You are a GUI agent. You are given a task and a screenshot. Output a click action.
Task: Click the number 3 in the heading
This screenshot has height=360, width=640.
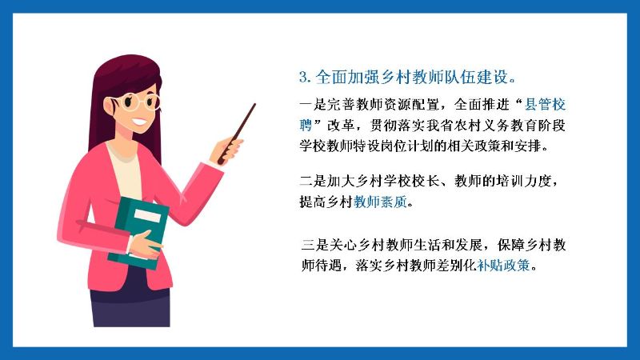point(303,77)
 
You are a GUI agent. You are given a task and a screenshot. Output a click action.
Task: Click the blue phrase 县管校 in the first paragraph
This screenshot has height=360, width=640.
point(545,105)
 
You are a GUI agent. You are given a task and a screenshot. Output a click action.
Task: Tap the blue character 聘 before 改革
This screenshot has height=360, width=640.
point(306,125)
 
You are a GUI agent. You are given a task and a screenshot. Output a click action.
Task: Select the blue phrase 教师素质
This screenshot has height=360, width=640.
point(381,202)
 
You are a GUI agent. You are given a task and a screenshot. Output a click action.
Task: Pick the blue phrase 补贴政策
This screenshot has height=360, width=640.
point(504,266)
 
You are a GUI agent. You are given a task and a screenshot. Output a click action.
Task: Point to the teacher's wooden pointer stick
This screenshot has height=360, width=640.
point(237,133)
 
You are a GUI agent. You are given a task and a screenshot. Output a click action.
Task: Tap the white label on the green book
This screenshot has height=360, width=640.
point(147,215)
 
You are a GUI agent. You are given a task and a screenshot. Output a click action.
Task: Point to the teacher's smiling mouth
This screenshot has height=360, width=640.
point(139,122)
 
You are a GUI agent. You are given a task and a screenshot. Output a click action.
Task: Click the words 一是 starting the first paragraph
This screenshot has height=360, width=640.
point(313,105)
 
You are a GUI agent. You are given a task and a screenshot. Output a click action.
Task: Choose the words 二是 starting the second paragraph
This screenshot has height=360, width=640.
point(313,181)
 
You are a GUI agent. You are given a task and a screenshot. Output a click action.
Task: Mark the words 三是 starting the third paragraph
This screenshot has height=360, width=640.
point(315,245)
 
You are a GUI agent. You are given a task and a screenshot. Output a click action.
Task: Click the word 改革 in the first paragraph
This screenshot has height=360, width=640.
point(341,125)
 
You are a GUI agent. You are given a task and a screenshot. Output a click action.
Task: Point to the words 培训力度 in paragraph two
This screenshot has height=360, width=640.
point(524,181)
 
